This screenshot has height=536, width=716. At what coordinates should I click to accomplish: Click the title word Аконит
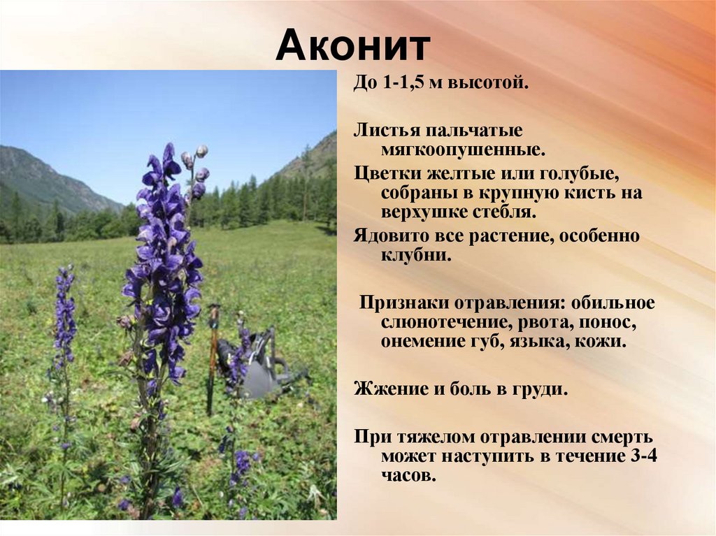[353, 45]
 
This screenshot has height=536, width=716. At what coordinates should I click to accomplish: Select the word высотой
[488, 83]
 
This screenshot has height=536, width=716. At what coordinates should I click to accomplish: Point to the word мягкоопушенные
[463, 150]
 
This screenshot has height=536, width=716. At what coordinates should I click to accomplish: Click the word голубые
[580, 175]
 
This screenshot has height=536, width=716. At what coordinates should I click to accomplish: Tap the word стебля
[502, 212]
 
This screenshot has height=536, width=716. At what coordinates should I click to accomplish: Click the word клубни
[416, 255]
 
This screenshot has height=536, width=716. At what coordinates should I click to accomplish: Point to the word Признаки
[403, 303]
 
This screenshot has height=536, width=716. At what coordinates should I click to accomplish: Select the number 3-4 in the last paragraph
[642, 456]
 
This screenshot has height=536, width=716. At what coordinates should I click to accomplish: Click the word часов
[408, 476]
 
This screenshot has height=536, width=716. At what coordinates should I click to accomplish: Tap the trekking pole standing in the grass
[213, 360]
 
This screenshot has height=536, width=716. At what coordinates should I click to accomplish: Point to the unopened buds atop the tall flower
[196, 169]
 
